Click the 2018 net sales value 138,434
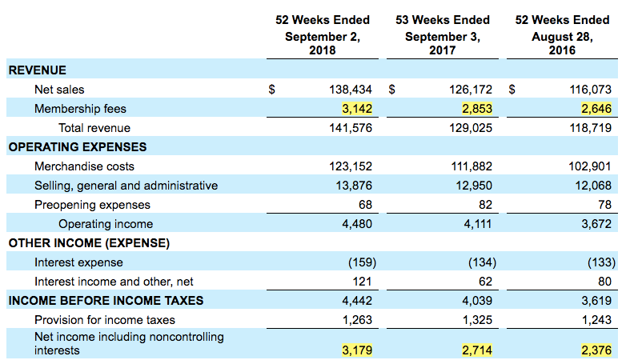coord(351,90)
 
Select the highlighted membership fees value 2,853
coord(473,109)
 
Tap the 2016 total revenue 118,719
coord(592,128)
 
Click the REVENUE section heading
coord(37,70)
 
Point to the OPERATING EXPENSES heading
coord(77,147)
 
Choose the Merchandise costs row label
coord(84,166)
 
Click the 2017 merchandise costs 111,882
coord(472,166)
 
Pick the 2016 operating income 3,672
coord(595,224)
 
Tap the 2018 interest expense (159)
coord(362,262)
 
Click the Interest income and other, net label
coord(114,282)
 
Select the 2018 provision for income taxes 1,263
coord(357,320)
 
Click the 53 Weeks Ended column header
coord(442,19)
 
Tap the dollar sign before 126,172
coord(392,90)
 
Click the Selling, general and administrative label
coord(126,186)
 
